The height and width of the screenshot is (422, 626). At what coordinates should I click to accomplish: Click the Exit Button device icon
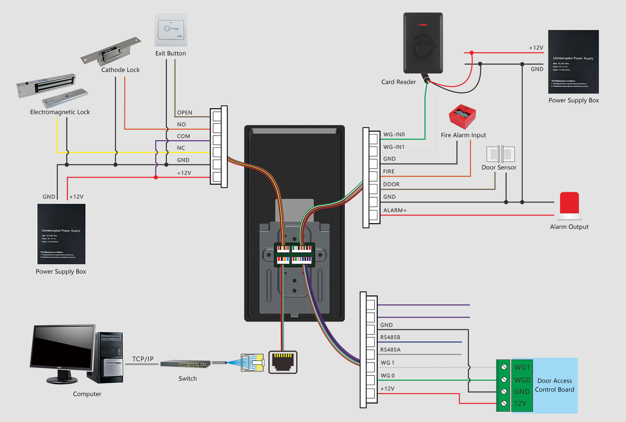click(x=171, y=30)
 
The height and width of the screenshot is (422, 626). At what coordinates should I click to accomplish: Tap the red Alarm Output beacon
click(x=569, y=203)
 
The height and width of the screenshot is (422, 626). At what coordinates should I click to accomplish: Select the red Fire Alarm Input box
click(x=462, y=117)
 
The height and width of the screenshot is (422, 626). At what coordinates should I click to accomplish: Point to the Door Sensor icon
click(x=500, y=154)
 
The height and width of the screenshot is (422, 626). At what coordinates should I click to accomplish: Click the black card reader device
click(x=423, y=43)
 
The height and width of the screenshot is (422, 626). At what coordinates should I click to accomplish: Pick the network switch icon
click(x=185, y=364)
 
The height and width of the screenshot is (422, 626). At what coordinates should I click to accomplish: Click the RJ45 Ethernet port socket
click(x=283, y=362)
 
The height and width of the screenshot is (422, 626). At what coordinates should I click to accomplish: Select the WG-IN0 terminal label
click(x=394, y=135)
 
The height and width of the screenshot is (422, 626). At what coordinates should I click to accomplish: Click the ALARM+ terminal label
click(x=395, y=210)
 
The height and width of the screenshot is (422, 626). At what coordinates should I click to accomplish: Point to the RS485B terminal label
click(x=390, y=337)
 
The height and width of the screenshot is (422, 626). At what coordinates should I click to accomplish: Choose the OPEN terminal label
click(x=185, y=113)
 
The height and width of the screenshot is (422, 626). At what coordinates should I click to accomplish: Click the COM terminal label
click(x=183, y=136)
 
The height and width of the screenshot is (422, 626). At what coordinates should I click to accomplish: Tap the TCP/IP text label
click(x=143, y=359)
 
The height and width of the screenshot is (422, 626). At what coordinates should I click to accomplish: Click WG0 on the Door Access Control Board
click(x=522, y=380)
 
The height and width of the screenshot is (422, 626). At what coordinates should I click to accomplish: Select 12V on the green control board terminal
click(x=520, y=403)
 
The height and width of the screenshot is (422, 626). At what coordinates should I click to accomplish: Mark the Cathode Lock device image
click(x=111, y=51)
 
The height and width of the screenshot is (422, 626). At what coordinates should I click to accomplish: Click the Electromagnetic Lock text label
click(x=60, y=112)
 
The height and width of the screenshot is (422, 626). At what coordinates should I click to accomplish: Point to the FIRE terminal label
click(x=389, y=172)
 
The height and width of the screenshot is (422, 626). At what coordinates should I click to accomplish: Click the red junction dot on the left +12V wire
click(x=156, y=177)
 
